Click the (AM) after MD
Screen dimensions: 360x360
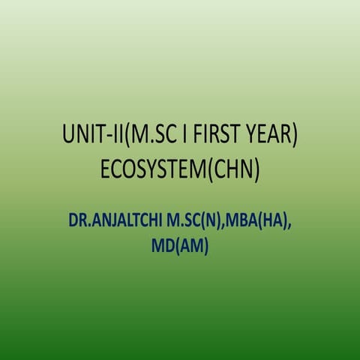click(x=190, y=247)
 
